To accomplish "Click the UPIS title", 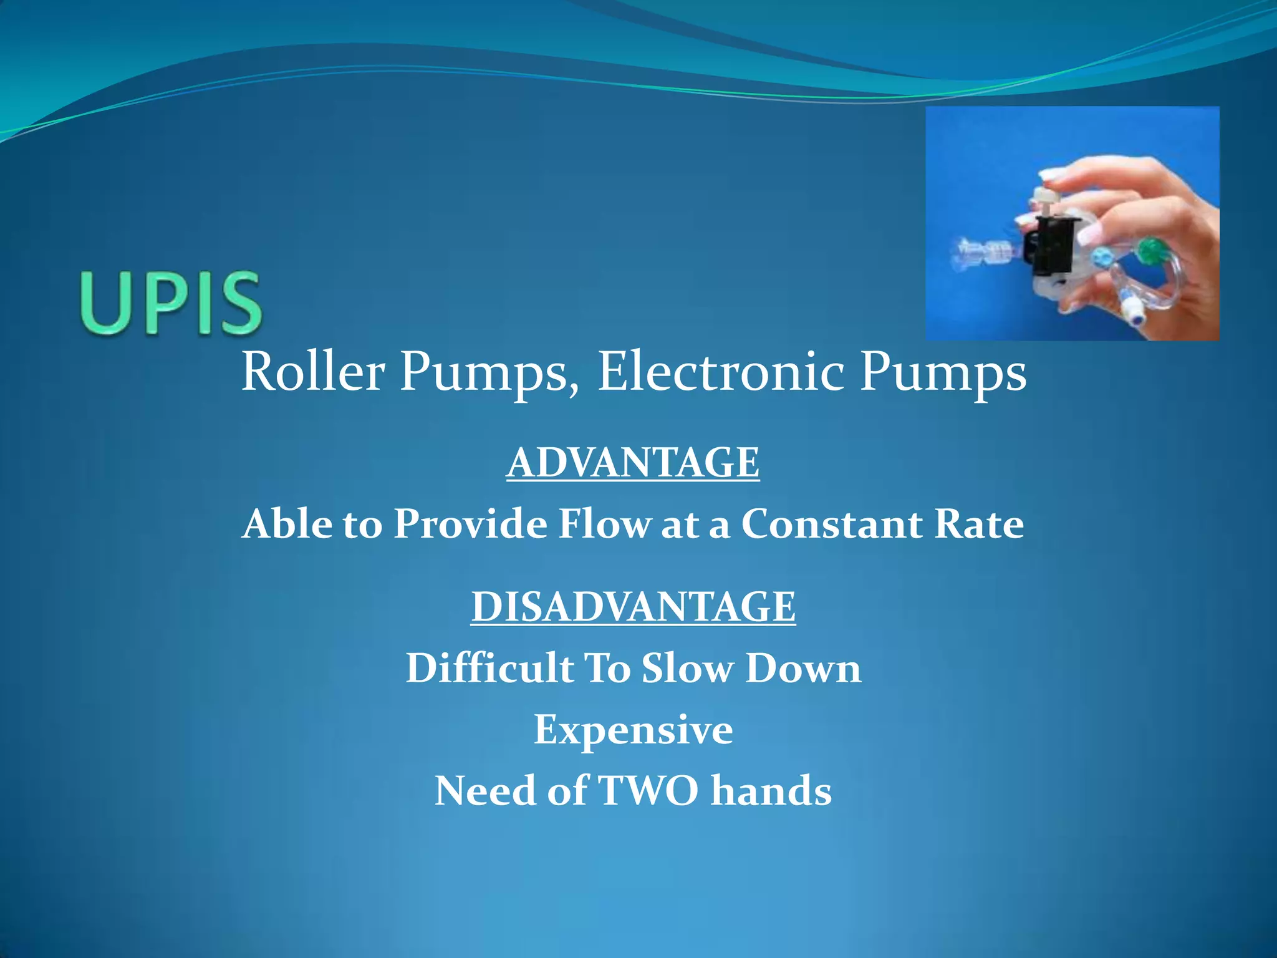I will (x=170, y=304).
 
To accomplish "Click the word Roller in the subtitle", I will (x=313, y=372).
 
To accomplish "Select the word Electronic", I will (x=721, y=372).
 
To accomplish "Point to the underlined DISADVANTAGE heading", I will (x=633, y=606).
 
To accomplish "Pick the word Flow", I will (x=604, y=523).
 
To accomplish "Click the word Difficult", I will (x=490, y=668).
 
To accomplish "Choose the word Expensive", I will (x=633, y=729).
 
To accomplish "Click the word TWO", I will (x=648, y=790).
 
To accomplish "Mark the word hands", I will (x=771, y=790).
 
